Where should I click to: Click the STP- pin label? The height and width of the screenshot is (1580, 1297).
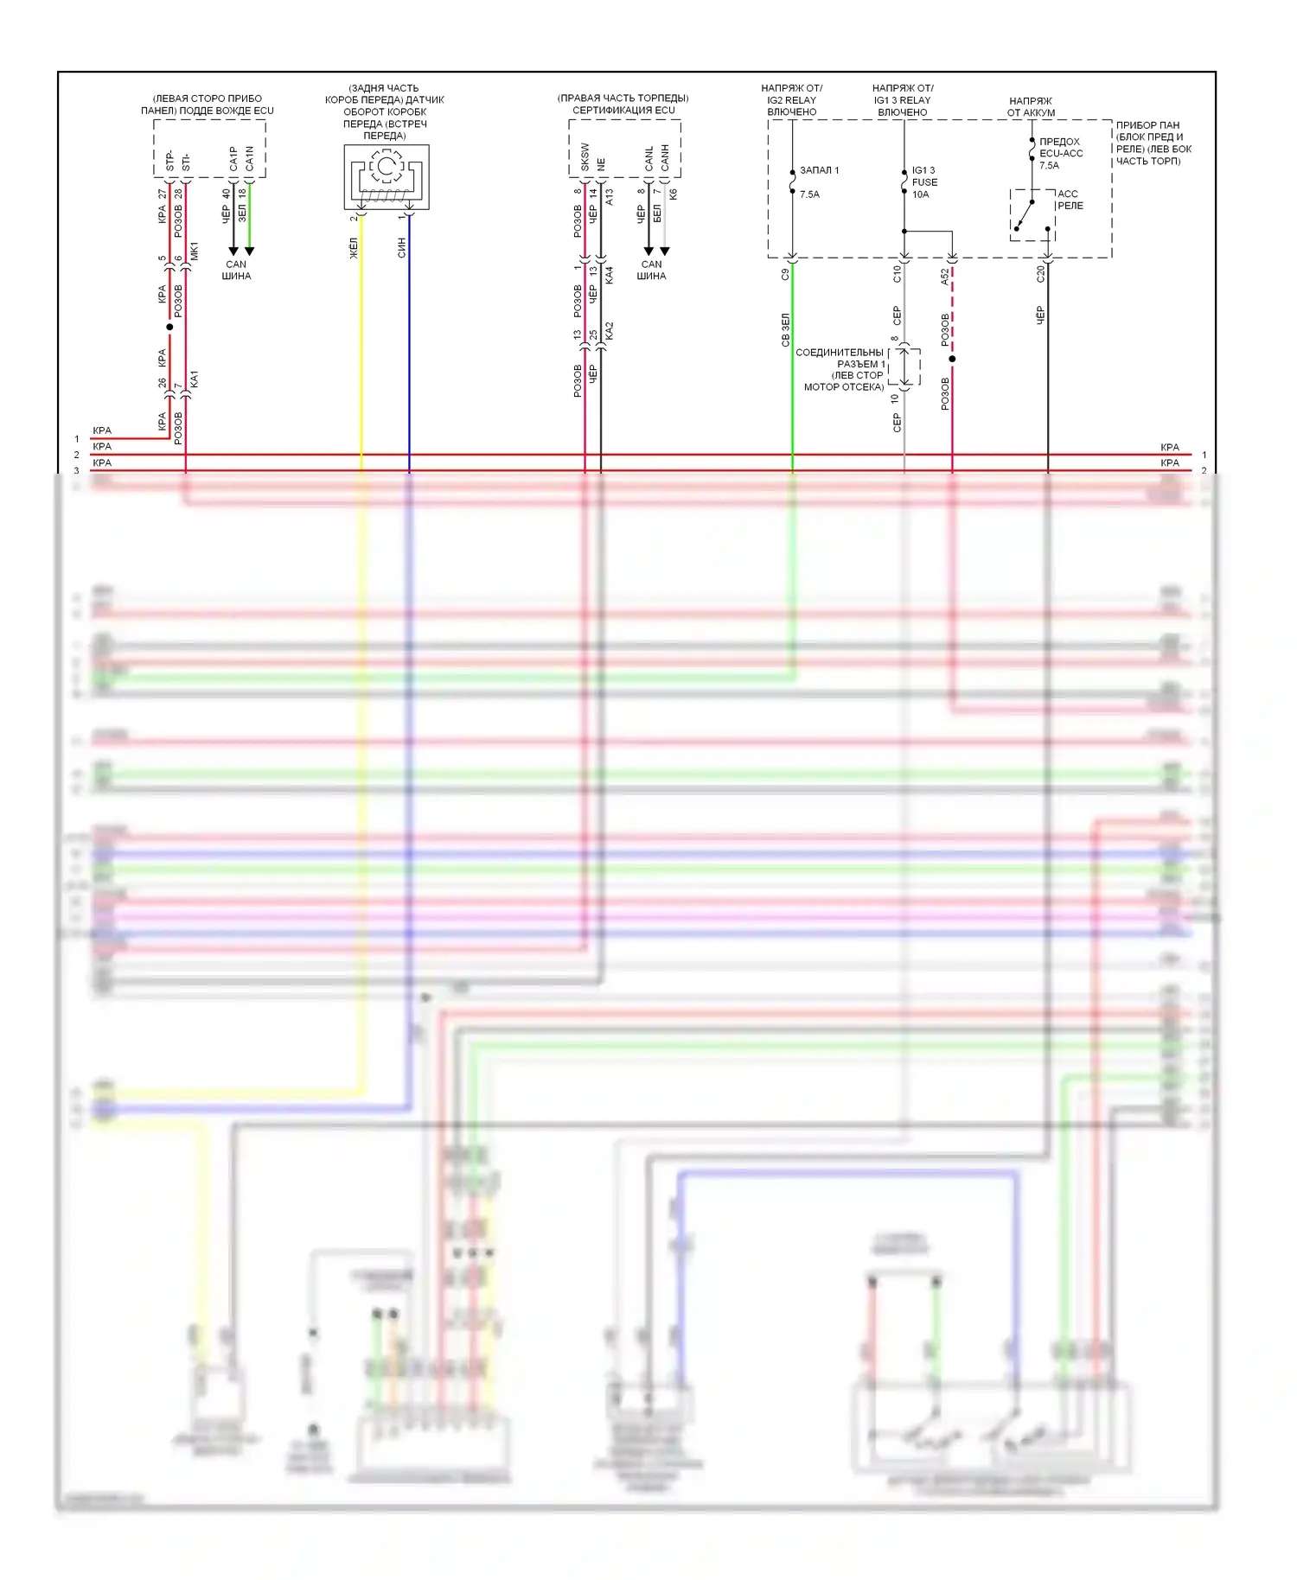(169, 160)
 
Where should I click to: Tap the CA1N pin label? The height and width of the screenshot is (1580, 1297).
(249, 157)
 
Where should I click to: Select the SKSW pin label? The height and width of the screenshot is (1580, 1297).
(585, 156)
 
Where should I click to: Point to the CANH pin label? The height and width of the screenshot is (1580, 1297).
(665, 157)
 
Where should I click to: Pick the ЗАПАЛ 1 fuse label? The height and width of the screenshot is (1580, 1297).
(819, 170)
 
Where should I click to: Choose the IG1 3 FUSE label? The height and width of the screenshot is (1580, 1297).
(924, 182)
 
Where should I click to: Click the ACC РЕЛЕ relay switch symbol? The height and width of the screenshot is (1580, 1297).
(1032, 214)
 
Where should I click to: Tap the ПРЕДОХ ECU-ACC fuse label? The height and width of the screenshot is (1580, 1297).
(1060, 153)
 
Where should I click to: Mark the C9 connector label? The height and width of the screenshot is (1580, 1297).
(785, 275)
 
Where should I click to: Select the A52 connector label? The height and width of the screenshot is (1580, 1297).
(944, 276)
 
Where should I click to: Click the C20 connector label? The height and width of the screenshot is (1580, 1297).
(1040, 274)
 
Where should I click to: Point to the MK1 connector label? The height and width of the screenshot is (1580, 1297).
(194, 252)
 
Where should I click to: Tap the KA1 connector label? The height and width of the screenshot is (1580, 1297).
(194, 379)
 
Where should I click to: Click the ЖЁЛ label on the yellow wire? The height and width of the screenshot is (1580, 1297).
(353, 248)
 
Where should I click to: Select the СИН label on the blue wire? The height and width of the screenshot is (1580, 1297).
(401, 248)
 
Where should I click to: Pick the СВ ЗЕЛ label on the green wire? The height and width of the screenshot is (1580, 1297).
(785, 330)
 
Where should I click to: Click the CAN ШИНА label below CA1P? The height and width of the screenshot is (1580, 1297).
(236, 271)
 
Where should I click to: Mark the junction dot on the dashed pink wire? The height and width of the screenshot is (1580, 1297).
(952, 359)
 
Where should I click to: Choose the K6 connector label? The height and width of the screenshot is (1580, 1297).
(673, 194)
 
